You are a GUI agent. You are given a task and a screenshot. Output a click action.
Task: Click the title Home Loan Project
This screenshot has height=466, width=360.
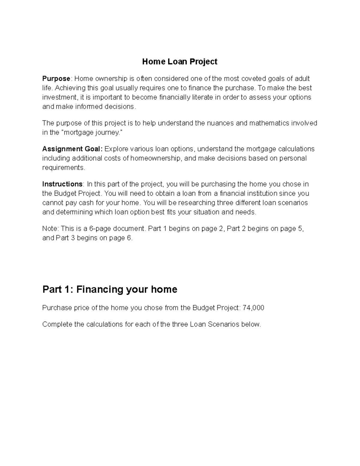pyautogui.click(x=180, y=62)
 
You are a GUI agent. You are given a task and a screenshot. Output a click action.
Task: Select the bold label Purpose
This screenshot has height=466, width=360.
pyautogui.click(x=56, y=79)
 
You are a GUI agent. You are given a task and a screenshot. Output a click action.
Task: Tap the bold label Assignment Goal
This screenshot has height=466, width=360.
pyautogui.click(x=72, y=149)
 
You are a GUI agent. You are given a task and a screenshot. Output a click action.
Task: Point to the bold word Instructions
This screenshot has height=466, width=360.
pyautogui.click(x=62, y=184)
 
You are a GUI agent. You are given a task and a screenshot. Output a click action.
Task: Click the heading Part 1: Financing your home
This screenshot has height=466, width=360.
pyautogui.click(x=110, y=290)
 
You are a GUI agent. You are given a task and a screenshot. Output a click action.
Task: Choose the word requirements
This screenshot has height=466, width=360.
pyautogui.click(x=63, y=168)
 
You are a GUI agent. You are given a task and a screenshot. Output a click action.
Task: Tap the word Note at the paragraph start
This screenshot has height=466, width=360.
pyautogui.click(x=49, y=229)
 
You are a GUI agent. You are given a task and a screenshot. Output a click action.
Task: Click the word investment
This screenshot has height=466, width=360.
pyautogui.click(x=59, y=98)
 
